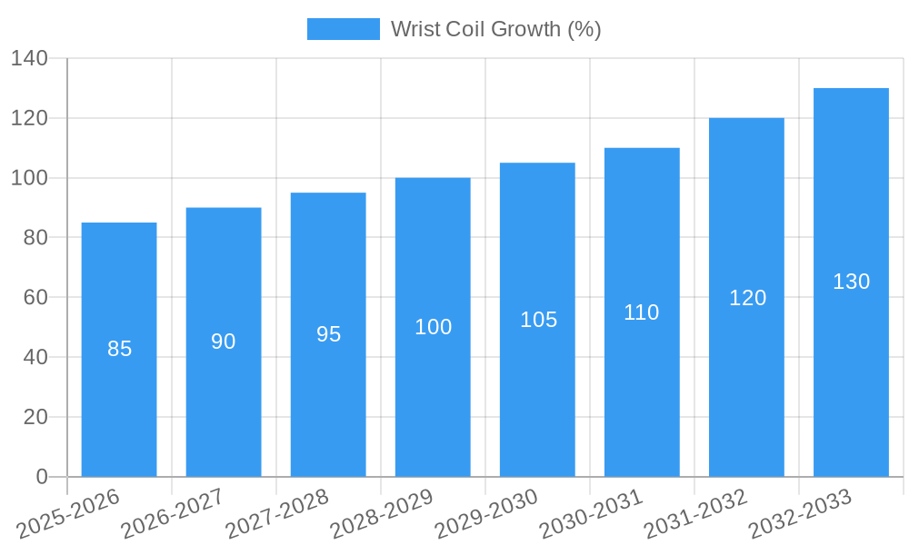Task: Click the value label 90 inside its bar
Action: pos(224,342)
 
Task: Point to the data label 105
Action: pos(538,320)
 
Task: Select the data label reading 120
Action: pos(747,298)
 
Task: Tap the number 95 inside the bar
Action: pos(328,334)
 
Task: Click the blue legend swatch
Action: pos(343,29)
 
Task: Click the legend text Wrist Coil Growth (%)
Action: pos(495,29)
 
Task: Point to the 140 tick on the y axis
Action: pos(29,59)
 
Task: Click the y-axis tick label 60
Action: pos(35,298)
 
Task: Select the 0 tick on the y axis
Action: pos(41,477)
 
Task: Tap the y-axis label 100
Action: pos(29,178)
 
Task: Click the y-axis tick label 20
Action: pos(35,417)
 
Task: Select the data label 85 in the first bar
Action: pos(119,349)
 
